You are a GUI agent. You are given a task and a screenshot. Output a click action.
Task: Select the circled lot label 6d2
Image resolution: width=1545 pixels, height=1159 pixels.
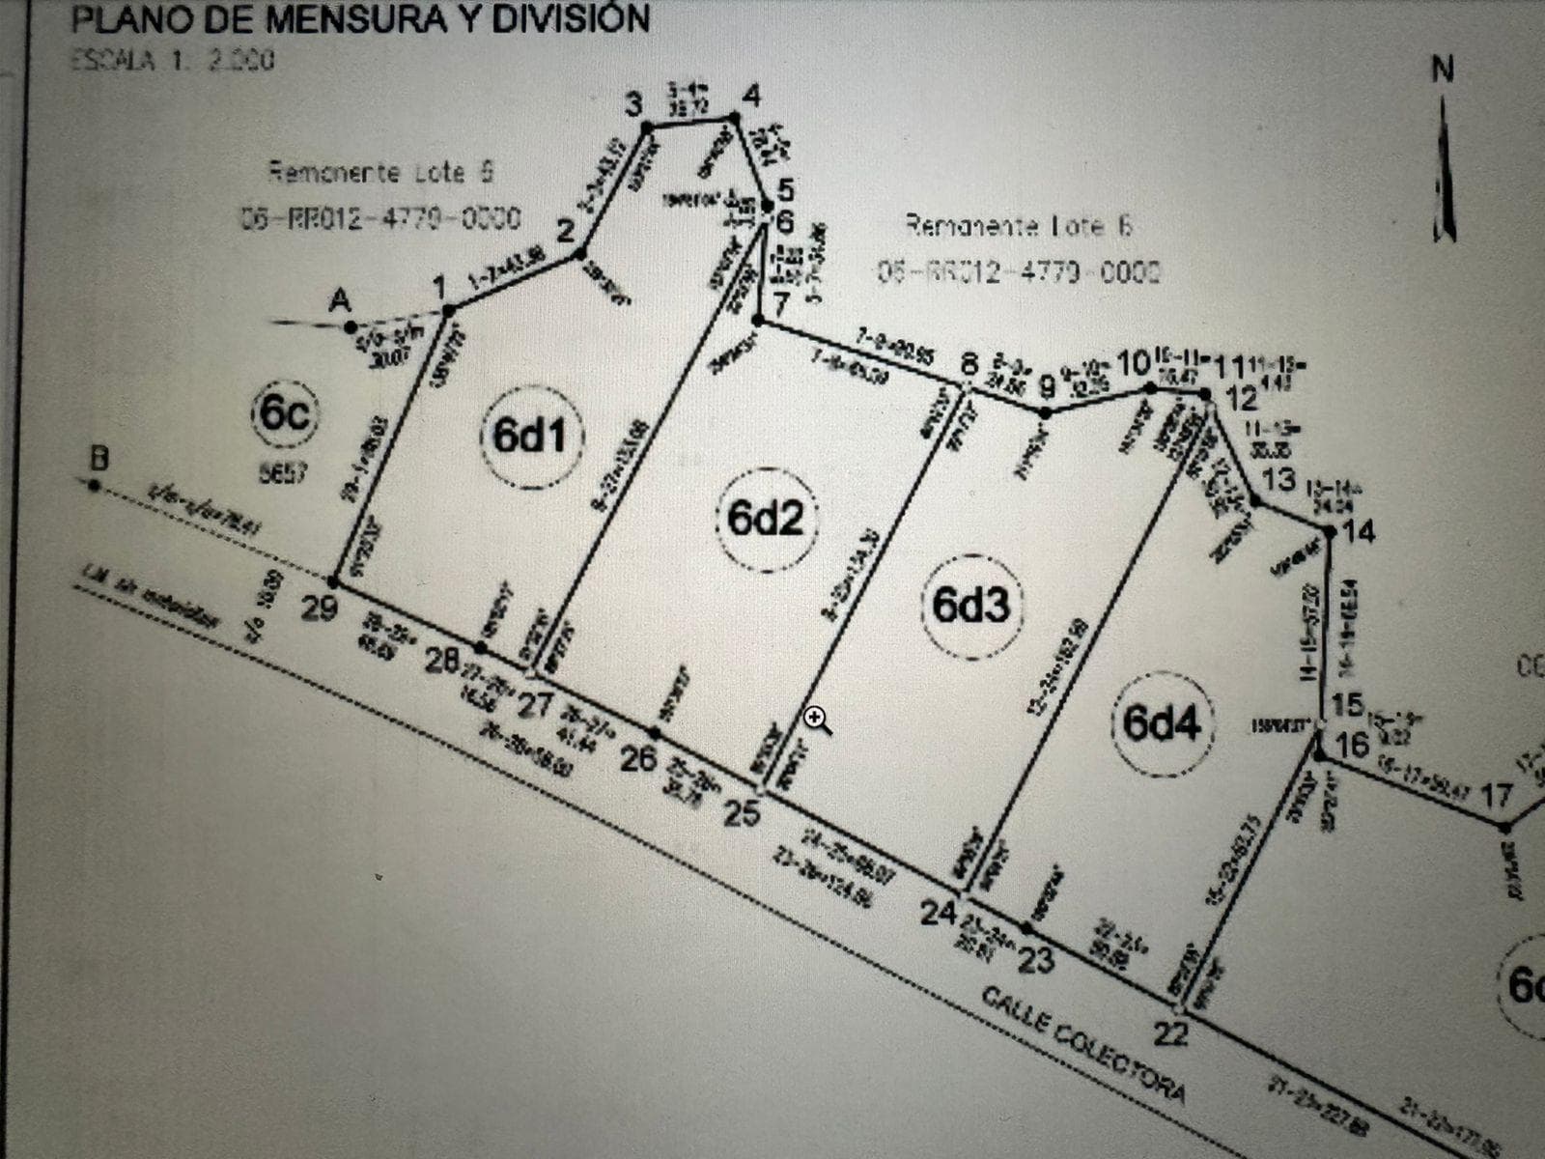(x=766, y=519)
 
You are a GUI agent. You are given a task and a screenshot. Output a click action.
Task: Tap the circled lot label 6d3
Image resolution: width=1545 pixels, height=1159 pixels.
(x=970, y=606)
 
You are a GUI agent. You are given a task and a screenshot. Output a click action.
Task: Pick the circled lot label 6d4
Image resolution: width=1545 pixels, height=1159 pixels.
(x=1162, y=722)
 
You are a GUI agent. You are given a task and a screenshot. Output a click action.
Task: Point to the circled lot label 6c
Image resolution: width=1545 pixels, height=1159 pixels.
(x=284, y=414)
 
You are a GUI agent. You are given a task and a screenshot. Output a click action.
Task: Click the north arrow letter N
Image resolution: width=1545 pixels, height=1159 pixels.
(x=1443, y=71)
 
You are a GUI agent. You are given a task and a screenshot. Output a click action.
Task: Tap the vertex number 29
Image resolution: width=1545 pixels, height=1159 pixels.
(x=320, y=608)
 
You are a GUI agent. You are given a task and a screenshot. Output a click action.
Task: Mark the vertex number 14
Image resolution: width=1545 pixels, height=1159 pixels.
(x=1359, y=530)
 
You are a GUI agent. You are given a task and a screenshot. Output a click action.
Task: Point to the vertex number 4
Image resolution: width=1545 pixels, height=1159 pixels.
(x=751, y=97)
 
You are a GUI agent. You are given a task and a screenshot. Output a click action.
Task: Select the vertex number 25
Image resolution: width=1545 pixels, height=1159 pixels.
(x=742, y=814)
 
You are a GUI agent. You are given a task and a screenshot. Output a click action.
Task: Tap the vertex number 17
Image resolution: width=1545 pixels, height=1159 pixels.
(x=1496, y=797)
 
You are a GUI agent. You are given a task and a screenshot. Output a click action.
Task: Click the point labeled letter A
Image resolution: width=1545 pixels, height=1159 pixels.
(x=339, y=301)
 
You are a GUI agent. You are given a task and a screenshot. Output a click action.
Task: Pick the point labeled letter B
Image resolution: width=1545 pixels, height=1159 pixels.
(x=98, y=459)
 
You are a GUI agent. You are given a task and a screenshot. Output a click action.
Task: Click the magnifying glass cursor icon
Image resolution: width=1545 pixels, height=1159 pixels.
(x=818, y=720)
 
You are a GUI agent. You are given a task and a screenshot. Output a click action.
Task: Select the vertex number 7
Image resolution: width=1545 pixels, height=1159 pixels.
(x=780, y=302)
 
